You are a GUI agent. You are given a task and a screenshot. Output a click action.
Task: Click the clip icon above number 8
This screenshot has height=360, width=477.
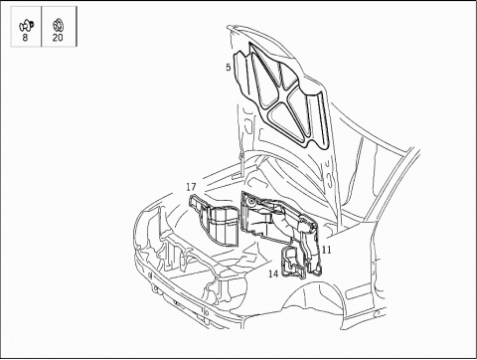26,26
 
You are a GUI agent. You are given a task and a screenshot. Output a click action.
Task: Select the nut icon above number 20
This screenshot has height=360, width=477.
58,26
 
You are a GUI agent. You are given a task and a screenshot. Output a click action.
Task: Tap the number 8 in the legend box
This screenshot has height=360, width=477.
25,38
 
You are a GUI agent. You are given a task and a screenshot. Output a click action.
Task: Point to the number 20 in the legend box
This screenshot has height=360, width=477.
58,38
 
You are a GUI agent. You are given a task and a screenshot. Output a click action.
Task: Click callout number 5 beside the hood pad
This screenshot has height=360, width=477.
229,68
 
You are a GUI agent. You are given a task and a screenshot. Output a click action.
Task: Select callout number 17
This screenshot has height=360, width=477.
191,187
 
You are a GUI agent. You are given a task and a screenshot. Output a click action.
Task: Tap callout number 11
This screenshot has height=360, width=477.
326,250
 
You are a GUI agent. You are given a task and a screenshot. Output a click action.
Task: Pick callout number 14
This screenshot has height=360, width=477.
273,273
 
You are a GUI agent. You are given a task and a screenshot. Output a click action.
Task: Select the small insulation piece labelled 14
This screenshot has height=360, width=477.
292,262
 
